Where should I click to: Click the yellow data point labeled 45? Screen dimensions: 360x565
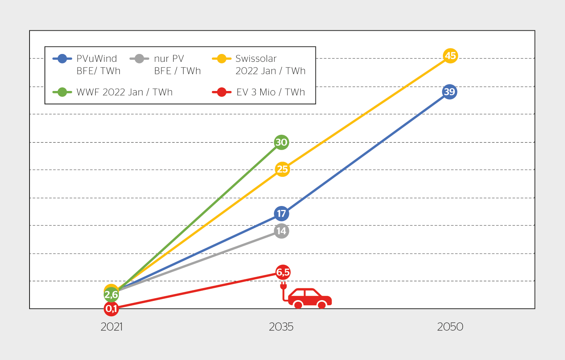coord(450,56)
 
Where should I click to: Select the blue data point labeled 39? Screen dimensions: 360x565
coord(449,92)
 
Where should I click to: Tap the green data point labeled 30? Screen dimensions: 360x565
coord(281,142)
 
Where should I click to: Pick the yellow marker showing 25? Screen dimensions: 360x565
coord(282,169)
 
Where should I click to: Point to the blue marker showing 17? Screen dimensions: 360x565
coord(281,213)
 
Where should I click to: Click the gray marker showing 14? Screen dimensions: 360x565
coord(281,231)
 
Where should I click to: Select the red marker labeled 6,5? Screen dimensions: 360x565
coord(283,272)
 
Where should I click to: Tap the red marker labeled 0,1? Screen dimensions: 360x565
coord(111,309)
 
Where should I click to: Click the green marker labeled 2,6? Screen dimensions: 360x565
coord(111,295)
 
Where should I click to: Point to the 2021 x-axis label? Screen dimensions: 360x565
coord(111,327)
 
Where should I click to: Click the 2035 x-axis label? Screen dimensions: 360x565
coord(281,327)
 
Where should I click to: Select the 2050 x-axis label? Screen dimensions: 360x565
coord(450,327)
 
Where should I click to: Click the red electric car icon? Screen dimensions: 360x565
coord(310,298)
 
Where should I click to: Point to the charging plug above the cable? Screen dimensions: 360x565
coord(283,285)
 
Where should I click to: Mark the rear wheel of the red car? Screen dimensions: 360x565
coord(298,305)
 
